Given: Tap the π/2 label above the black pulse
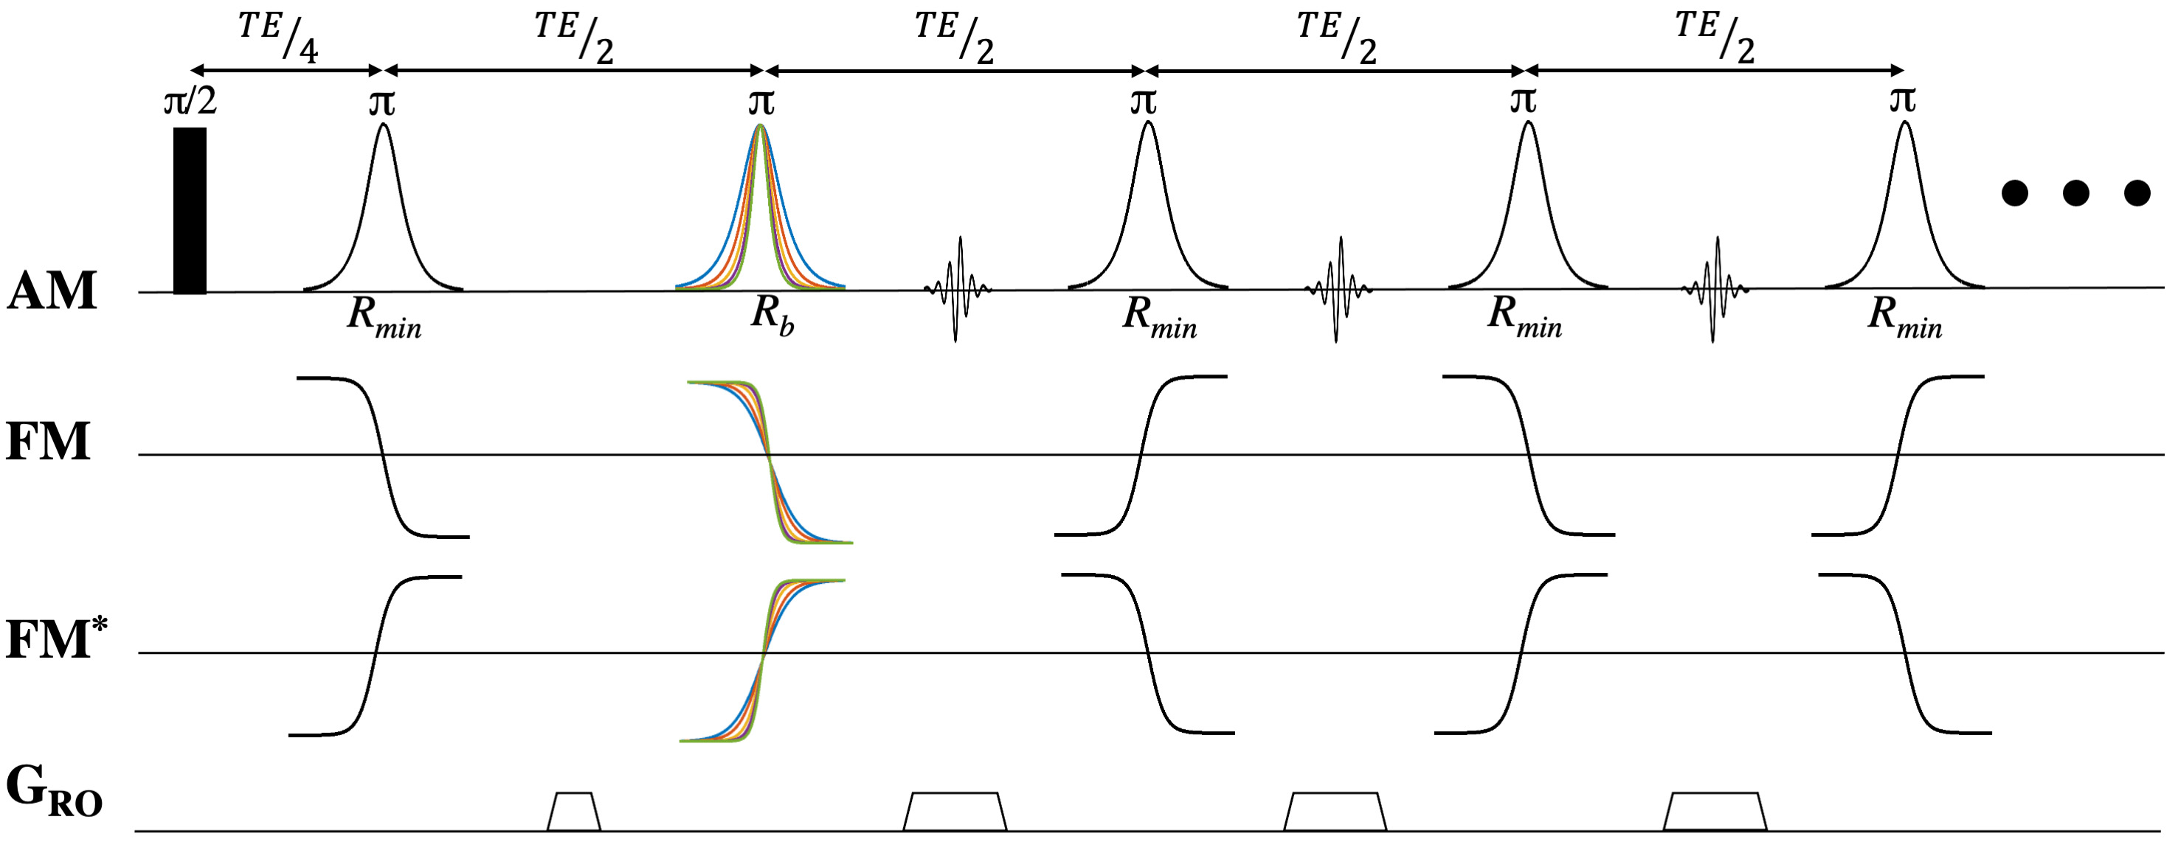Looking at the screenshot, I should (190, 102).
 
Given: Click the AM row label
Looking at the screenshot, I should (52, 290).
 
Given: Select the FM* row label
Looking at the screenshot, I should (58, 640).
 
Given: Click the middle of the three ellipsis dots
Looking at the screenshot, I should (2075, 193).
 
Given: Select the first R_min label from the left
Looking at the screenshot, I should (384, 318).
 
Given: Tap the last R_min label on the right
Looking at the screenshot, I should (1904, 318).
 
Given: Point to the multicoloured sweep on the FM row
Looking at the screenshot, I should (770, 462).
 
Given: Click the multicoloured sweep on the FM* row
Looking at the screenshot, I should (763, 660).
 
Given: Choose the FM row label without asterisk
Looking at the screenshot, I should (48, 442).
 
